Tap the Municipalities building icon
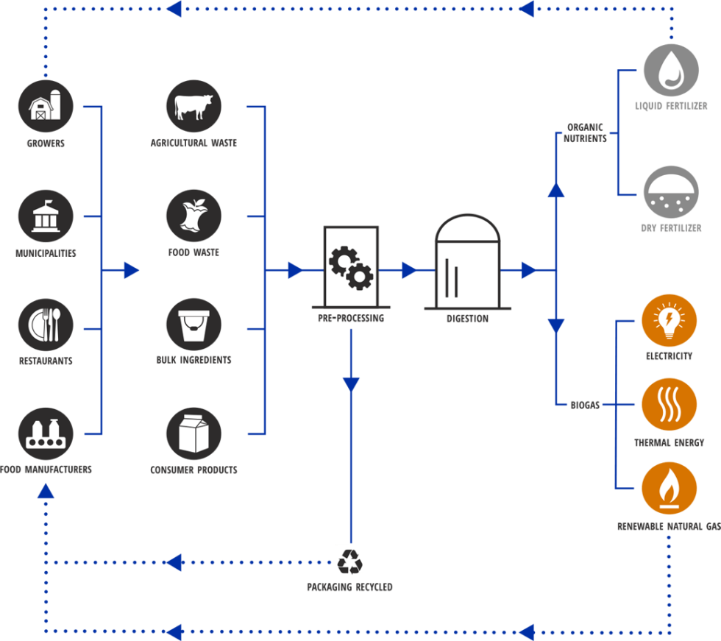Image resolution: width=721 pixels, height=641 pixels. [x=46, y=216]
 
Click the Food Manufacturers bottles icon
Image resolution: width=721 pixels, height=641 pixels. [x=46, y=433]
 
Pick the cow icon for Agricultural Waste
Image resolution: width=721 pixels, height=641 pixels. [x=193, y=107]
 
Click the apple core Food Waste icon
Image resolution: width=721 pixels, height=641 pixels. [x=193, y=216]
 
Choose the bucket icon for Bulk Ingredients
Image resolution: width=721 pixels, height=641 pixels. [x=193, y=325]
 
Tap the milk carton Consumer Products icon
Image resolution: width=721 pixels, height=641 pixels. [x=193, y=433]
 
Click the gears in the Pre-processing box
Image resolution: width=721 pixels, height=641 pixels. [x=351, y=268]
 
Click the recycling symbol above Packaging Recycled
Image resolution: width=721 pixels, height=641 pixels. [x=349, y=559]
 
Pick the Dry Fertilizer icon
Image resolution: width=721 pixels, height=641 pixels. [x=671, y=193]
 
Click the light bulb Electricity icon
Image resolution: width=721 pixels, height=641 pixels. [x=669, y=321]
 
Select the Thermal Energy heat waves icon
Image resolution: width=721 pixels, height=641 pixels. [x=669, y=405]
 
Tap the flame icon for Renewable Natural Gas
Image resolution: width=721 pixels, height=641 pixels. [x=669, y=489]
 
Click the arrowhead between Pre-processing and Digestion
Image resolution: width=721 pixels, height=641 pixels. [x=409, y=271]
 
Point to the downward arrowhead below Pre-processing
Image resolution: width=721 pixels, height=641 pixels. [x=351, y=383]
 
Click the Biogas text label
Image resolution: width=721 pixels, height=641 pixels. [x=585, y=405]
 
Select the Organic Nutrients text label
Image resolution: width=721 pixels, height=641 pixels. [x=585, y=132]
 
